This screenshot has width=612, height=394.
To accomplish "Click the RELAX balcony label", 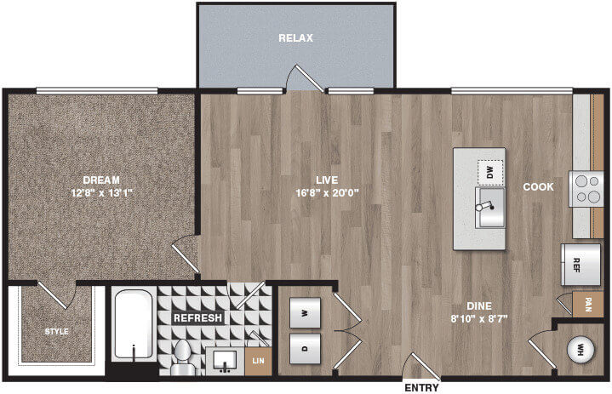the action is [295, 37].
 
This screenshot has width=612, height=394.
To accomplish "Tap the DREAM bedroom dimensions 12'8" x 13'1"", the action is [102, 192].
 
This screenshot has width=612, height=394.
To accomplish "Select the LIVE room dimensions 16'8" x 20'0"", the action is [327, 192].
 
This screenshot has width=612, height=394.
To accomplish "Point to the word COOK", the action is [538, 187].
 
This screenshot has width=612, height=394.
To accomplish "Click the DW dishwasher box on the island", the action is [490, 172].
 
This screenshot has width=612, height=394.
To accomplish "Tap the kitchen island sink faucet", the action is [485, 207].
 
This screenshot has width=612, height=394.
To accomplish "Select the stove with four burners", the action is [586, 189].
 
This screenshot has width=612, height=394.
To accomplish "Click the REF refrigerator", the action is [581, 265].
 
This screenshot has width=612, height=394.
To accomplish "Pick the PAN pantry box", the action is [588, 305].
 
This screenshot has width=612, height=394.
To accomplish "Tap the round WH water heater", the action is [581, 349].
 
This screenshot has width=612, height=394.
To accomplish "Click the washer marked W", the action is [306, 313].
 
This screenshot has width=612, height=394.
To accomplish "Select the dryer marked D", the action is [306, 348].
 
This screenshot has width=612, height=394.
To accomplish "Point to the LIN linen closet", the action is [258, 361].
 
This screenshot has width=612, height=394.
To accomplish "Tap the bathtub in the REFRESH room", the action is [134, 323].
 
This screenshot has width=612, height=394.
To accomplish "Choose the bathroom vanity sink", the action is [226, 361].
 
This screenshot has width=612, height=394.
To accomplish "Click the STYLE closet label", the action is [56, 332].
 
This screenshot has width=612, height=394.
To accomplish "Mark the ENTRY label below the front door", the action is [421, 388].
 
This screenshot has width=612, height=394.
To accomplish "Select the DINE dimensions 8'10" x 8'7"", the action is [479, 319].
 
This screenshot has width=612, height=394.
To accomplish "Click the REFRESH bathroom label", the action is [197, 318].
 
